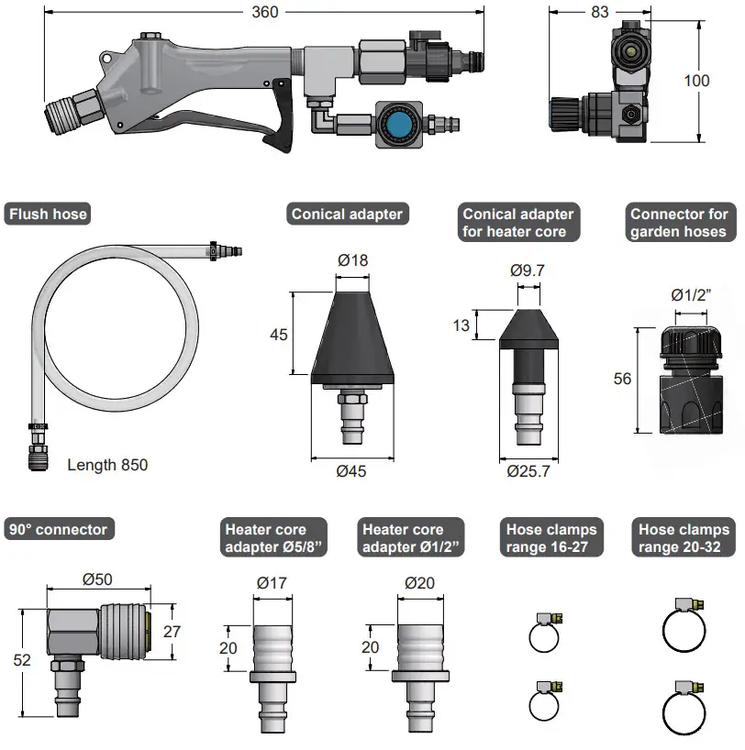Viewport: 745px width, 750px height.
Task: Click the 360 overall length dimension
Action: (x=264, y=12)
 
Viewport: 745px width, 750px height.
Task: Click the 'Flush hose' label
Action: (x=48, y=215)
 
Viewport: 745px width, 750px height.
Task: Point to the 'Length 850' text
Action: (x=107, y=465)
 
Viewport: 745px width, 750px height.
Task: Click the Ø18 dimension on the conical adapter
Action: (x=352, y=260)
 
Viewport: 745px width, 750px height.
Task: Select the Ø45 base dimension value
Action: (x=352, y=471)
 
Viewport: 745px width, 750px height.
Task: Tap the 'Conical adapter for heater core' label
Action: (x=518, y=223)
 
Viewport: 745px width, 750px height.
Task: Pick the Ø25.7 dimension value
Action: (x=528, y=471)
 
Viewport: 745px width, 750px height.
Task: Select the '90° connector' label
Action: (x=59, y=529)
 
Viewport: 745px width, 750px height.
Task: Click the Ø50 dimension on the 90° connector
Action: (x=98, y=579)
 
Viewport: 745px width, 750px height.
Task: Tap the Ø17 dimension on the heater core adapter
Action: (x=272, y=582)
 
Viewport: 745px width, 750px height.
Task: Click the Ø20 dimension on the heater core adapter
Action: (x=419, y=582)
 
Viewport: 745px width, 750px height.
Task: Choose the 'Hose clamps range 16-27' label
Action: (x=551, y=538)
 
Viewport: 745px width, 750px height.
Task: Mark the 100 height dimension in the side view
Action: (x=696, y=81)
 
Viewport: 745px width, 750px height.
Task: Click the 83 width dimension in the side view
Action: (x=599, y=12)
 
